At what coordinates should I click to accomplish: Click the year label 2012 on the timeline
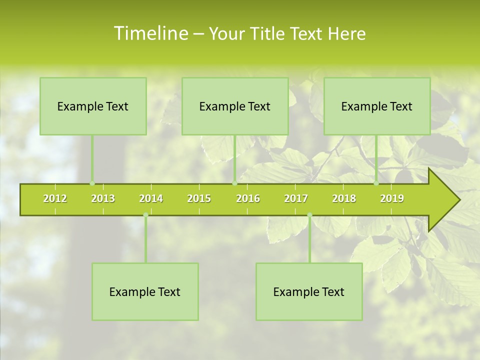coord(55,198)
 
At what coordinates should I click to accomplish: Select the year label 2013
coord(103,198)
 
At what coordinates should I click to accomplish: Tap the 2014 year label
coord(151,198)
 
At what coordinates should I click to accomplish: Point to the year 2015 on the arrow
coord(199,198)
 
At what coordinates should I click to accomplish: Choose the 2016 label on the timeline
coord(248,198)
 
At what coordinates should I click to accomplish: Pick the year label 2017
coord(296,198)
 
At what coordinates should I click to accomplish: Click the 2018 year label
coord(344,198)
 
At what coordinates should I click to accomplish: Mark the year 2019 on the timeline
coord(392,198)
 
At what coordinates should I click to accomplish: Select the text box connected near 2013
coord(93,106)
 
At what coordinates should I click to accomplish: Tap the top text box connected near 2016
coord(235,106)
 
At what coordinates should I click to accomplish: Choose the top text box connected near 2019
coord(377,106)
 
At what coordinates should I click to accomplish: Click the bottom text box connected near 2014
coord(145,291)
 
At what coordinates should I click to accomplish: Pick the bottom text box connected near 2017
coord(309,291)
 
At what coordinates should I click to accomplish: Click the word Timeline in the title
coord(150,33)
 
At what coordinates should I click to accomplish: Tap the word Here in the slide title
coord(346,33)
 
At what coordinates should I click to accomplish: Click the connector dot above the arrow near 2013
coord(92,183)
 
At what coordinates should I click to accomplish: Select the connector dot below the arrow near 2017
coord(309,215)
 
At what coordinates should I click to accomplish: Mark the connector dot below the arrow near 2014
coord(145,215)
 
